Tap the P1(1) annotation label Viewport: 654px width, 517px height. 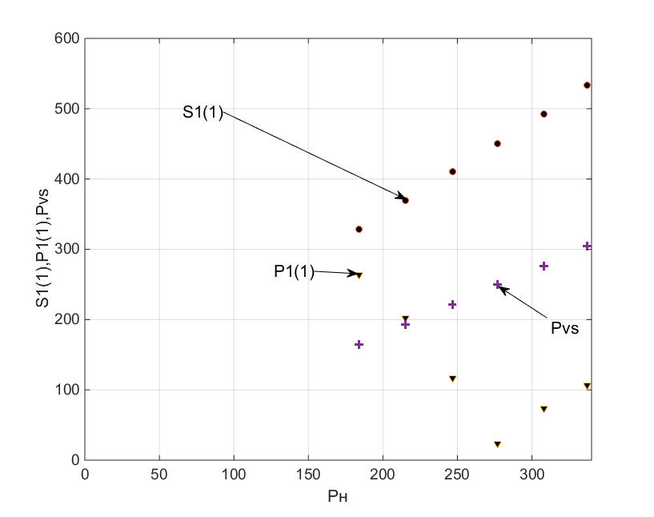click(293, 272)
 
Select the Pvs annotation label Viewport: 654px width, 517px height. click(564, 328)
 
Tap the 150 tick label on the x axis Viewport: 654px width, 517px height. click(308, 474)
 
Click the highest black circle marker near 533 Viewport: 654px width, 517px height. click(587, 85)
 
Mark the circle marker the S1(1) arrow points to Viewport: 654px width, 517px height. click(405, 200)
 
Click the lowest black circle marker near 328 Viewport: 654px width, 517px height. click(359, 229)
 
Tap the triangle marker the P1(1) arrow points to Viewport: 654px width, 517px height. click(359, 275)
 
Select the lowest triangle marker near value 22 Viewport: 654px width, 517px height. click(497, 444)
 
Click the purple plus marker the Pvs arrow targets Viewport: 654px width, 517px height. click(497, 284)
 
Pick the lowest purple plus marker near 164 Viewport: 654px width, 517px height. click(359, 344)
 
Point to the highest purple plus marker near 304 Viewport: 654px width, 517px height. click(587, 246)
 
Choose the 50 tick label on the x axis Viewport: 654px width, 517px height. click(159, 474)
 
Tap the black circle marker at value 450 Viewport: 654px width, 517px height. click(497, 143)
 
